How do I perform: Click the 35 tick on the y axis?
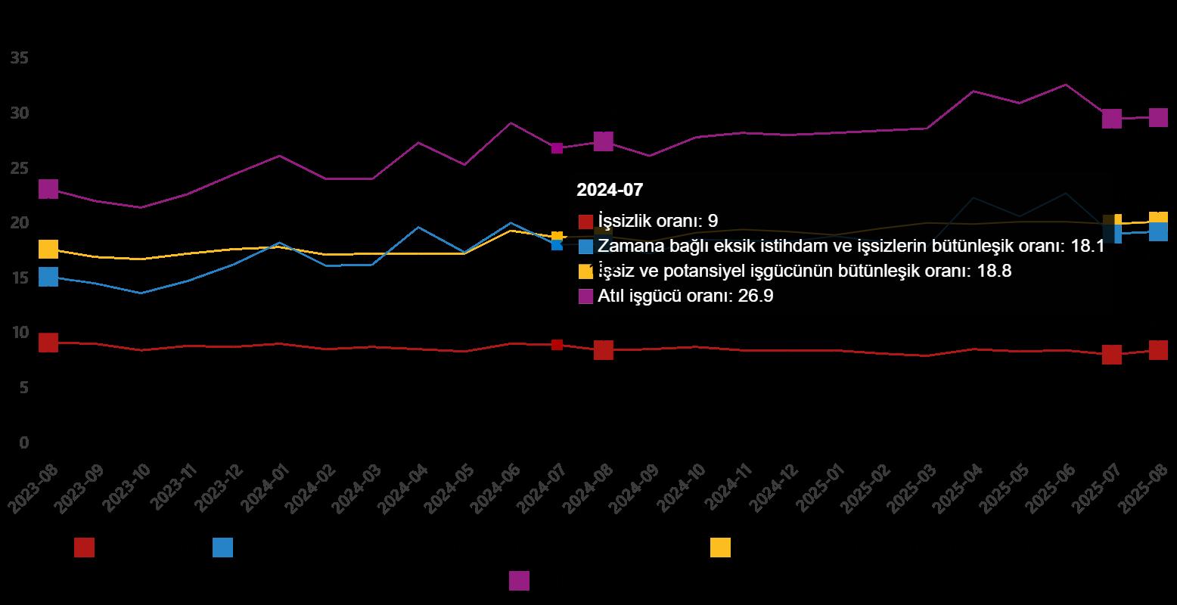[20, 58]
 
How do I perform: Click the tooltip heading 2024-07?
[609, 190]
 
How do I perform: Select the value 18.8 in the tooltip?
[994, 271]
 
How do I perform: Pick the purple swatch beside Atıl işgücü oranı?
[585, 296]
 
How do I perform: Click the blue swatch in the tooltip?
[585, 246]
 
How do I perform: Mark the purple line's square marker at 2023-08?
[48, 189]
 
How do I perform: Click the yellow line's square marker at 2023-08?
[48, 249]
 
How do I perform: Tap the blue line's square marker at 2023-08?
[48, 277]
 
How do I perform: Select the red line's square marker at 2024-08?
[603, 349]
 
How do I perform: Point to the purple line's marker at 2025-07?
[1111, 119]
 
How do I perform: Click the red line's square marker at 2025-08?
[1158, 349]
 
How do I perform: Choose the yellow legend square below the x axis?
[720, 548]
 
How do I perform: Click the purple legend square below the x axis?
[519, 580]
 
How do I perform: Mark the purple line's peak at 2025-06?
[1065, 85]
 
